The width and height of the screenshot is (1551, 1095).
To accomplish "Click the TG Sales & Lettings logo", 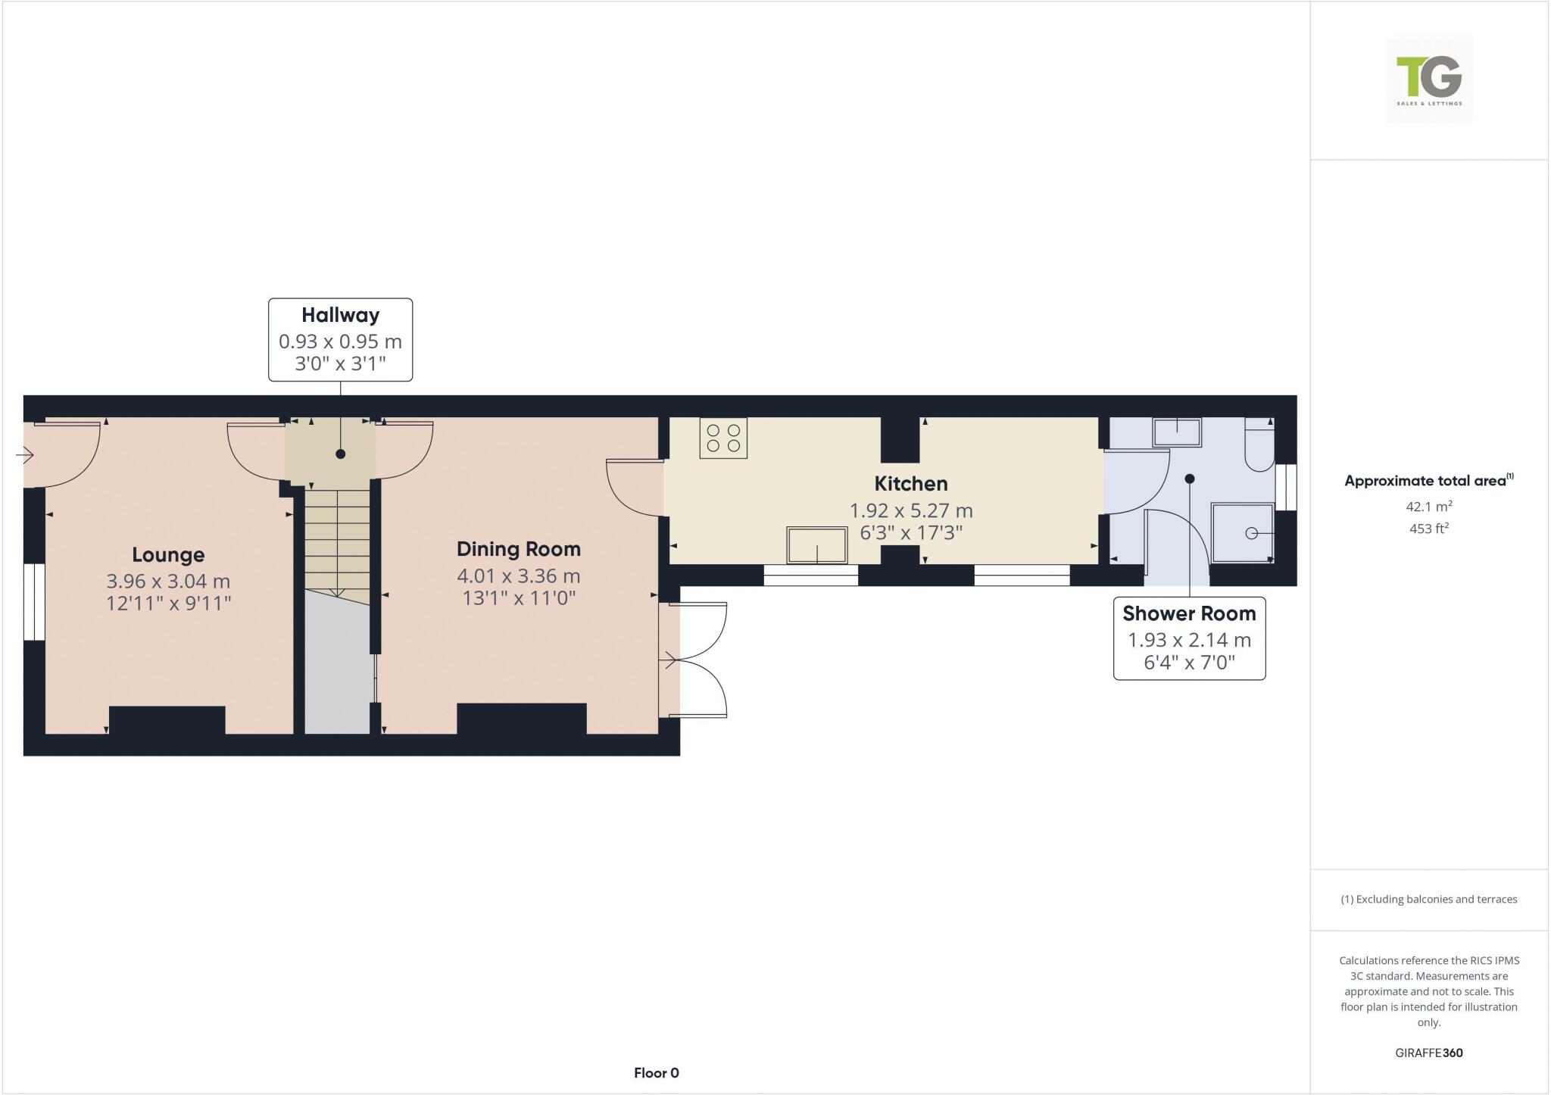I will click(1429, 79).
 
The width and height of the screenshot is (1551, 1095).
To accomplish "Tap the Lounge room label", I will click(168, 555).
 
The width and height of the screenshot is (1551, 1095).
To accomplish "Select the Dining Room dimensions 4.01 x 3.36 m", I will click(519, 576).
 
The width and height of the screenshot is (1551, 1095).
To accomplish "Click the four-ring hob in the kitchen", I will click(723, 438).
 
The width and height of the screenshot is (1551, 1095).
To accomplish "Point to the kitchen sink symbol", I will click(817, 545).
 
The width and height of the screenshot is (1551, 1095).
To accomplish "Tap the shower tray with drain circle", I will click(1243, 533).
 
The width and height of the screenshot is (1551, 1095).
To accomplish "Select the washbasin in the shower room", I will click(1177, 432).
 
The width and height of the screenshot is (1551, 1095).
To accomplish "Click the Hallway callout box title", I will click(340, 315).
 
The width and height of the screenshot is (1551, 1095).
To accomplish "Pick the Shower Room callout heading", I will click(1189, 613).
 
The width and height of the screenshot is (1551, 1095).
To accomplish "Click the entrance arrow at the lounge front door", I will click(24, 455).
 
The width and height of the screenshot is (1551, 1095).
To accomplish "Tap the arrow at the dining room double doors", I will click(669, 661).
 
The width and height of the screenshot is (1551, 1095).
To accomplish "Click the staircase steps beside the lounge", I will click(337, 541).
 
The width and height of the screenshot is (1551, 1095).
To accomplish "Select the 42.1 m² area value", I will click(1429, 507).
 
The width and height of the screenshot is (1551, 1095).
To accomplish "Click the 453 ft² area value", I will click(1429, 529).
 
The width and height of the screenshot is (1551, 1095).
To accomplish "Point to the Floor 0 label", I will click(657, 1073).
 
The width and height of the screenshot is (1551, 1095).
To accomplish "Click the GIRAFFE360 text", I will click(1429, 1053).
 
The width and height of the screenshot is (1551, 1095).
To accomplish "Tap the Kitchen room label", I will click(911, 484).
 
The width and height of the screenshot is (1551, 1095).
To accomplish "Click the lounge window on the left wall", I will click(34, 601).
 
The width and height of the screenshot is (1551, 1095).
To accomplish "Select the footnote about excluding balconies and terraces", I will click(1429, 900).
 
